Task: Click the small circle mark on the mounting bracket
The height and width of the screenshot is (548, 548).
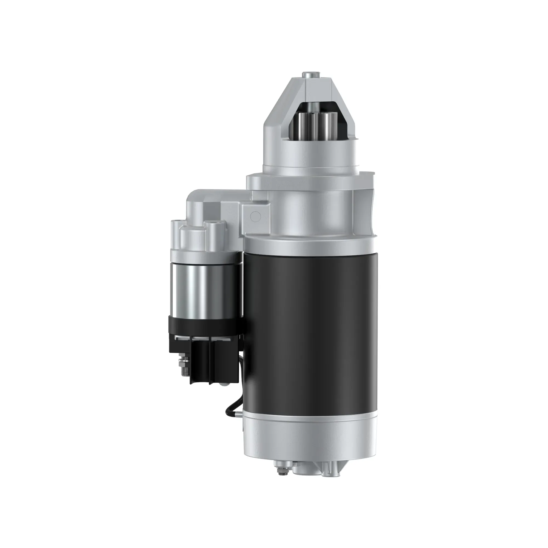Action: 255,216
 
